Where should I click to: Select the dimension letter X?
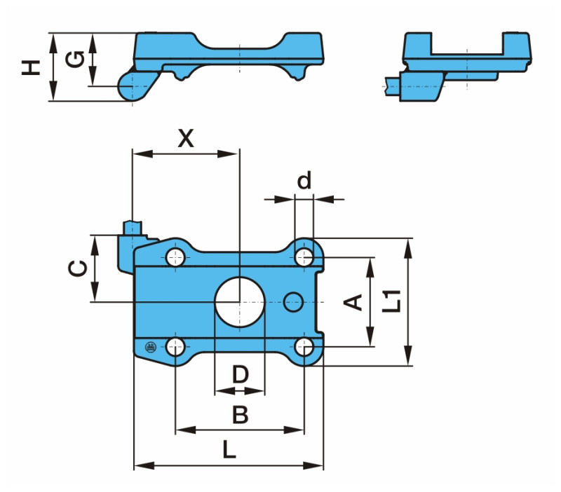(x=185, y=138)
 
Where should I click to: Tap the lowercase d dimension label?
(x=304, y=181)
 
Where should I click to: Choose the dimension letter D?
(x=240, y=374)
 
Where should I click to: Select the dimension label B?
(x=240, y=415)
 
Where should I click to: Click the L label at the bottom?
(x=229, y=449)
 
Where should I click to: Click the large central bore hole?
(x=239, y=301)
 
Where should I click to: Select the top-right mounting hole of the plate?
(x=304, y=257)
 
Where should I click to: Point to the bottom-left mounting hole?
(x=175, y=346)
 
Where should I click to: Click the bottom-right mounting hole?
(x=304, y=346)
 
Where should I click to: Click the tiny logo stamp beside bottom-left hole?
(x=149, y=346)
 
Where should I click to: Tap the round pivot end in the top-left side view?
(x=131, y=86)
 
